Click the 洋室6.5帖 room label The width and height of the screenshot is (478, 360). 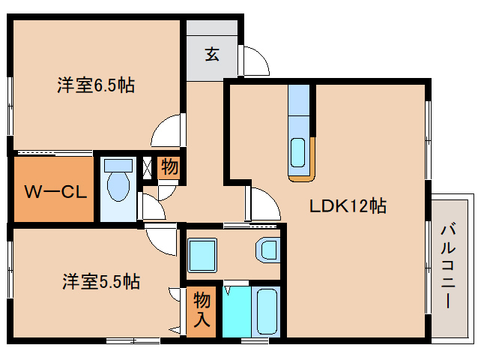96,85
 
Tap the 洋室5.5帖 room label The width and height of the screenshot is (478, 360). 100,282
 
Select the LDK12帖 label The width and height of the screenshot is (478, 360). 348,205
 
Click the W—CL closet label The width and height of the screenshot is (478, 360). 52,190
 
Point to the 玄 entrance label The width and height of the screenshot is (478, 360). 212,54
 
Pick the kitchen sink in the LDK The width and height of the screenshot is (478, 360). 298,152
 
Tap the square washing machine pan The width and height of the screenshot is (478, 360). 202,255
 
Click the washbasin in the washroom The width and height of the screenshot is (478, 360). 267,250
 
